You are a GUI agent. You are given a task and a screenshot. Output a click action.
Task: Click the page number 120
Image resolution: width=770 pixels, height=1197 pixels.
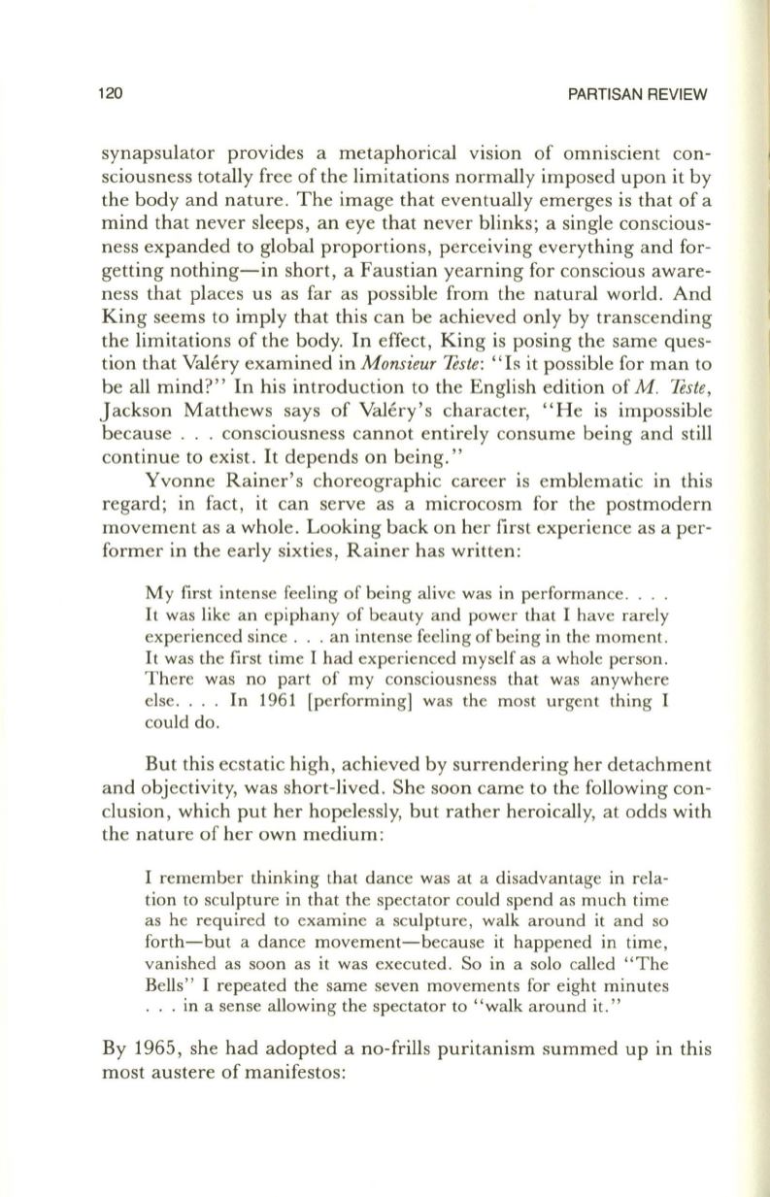click(x=110, y=94)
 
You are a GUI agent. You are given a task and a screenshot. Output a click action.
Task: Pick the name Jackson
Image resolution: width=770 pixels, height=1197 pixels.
click(x=132, y=399)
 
